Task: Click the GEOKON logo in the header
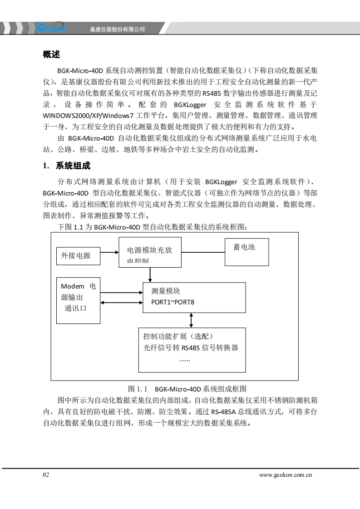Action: (x=51, y=28)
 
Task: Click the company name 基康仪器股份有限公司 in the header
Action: (x=117, y=29)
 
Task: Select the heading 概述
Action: (x=51, y=54)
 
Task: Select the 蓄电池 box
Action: (x=246, y=252)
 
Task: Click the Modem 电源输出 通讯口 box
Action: (x=78, y=300)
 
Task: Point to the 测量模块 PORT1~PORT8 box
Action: (x=194, y=297)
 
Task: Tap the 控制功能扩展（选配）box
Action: (x=192, y=349)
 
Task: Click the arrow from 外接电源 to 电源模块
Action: (x=109, y=252)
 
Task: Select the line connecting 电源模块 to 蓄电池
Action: (x=204, y=252)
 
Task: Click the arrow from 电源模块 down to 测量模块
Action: (x=150, y=274)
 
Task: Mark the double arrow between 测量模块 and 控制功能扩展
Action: (x=191, y=320)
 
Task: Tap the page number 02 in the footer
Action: (x=46, y=475)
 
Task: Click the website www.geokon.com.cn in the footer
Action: (x=286, y=475)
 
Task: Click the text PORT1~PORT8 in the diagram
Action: (x=173, y=302)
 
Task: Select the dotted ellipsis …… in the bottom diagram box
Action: (x=184, y=360)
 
